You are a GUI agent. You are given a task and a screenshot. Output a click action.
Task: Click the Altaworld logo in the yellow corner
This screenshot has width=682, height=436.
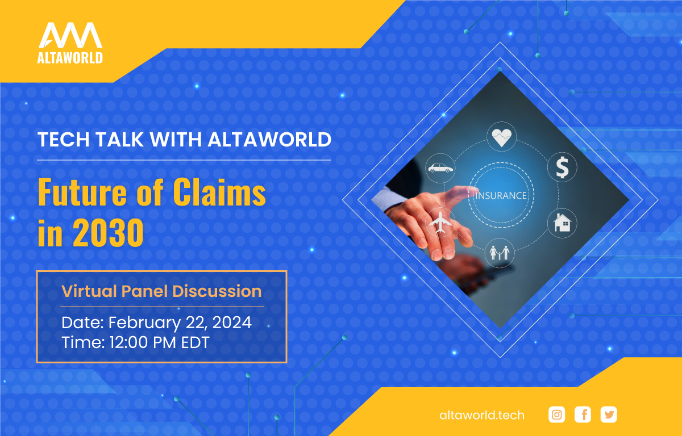coord(70,43)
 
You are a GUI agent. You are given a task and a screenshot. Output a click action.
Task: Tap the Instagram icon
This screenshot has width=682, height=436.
coord(556,414)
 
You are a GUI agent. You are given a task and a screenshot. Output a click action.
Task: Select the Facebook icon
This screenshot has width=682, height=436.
coord(583,414)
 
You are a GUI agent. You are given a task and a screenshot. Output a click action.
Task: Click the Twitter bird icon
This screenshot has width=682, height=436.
coord(609,414)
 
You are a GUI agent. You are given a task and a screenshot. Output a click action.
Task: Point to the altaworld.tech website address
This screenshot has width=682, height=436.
coord(482,416)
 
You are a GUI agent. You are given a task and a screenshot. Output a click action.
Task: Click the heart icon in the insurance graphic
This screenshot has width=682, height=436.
coord(501,137)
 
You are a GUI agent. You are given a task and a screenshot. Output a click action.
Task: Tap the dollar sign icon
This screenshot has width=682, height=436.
coord(562,167)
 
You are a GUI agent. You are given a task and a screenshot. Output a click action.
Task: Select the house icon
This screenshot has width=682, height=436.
coord(562,223)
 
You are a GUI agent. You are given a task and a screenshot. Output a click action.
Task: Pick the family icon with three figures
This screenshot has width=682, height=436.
coord(500,253)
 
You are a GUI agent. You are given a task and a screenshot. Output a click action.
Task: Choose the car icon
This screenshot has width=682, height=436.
coord(440,168)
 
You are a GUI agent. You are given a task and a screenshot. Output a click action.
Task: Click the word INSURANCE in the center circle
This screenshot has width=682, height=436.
coord(501,195)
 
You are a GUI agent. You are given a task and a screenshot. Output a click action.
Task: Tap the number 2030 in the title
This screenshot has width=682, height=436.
coord(108,233)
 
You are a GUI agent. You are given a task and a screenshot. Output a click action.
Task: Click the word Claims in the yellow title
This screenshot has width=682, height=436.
coord(219,192)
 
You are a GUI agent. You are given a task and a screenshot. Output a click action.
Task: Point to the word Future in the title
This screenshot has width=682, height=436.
coord(82,192)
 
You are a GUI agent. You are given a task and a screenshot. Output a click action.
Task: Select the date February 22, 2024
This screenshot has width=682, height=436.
coord(180,322)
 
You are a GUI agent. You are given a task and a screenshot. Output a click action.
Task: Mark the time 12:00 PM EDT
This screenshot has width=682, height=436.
coord(159,342)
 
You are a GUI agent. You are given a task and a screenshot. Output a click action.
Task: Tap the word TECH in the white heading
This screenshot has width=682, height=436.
coord(63,140)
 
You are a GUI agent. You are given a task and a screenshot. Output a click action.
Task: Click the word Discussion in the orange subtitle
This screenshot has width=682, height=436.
coord(217,291)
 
